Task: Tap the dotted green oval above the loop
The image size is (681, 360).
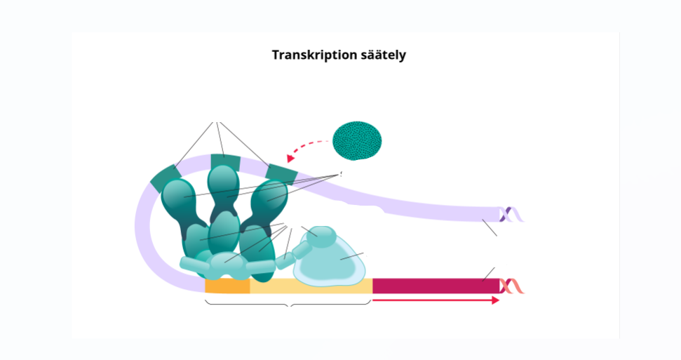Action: tap(357, 140)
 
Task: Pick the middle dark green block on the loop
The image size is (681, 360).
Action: tap(225, 164)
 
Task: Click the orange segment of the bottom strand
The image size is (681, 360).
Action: tap(227, 286)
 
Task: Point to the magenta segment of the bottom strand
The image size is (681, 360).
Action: tap(435, 286)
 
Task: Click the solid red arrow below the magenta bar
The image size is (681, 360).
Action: tap(435, 300)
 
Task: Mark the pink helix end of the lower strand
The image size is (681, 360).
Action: tap(513, 286)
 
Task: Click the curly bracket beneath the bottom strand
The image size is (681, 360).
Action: tap(288, 304)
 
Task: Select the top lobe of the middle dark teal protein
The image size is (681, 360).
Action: tap(224, 181)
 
